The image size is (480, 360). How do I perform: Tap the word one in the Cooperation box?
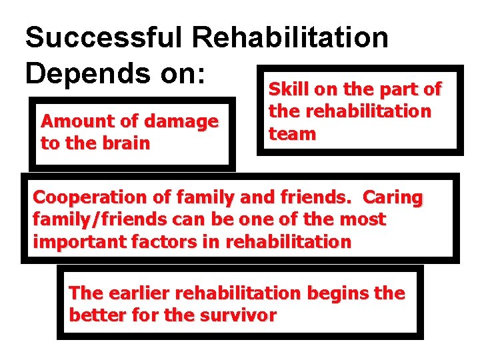pos(271,219)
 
